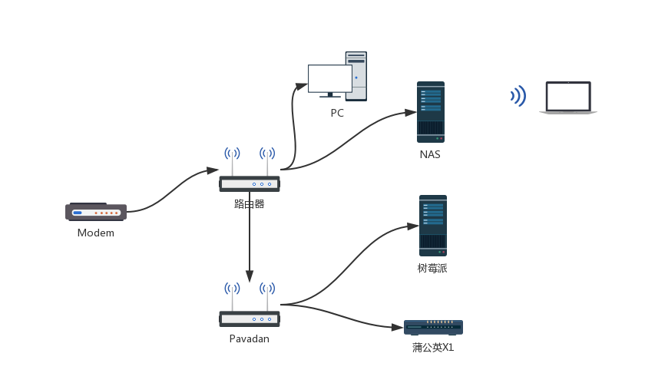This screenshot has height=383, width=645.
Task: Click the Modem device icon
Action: point(96,211)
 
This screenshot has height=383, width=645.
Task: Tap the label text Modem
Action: point(96,233)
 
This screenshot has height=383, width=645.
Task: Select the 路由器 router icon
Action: point(250,183)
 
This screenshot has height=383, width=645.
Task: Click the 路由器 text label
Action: point(250,204)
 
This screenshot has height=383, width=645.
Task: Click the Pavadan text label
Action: point(250,338)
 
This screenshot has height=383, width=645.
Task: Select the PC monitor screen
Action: point(329,78)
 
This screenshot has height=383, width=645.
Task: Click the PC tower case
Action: point(356,76)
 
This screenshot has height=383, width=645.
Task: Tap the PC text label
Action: point(337,113)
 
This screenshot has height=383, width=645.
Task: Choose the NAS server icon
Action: point(431,112)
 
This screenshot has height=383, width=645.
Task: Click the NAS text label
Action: point(430,154)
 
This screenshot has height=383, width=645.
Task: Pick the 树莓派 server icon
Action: point(433,226)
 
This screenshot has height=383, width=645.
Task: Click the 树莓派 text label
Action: point(432,269)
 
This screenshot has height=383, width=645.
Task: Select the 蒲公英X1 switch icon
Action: point(433,327)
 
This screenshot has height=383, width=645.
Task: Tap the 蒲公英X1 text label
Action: point(433,348)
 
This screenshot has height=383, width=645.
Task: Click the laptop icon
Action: point(568,98)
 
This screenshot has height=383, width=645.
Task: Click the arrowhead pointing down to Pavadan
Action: point(249,276)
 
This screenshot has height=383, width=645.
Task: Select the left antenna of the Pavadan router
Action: point(232,298)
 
